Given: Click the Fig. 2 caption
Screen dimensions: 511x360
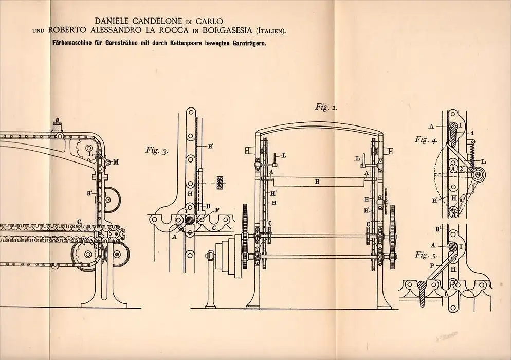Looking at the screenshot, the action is click(326, 107).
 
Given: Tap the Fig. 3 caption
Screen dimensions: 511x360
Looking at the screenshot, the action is click(156, 151).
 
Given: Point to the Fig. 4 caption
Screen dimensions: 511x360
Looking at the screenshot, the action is click(426, 140).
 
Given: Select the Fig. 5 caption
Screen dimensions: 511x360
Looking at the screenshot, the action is click(426, 255).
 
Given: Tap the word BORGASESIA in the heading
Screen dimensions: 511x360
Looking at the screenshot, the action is click(227, 30).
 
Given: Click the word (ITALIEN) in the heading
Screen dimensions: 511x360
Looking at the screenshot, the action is click(271, 31).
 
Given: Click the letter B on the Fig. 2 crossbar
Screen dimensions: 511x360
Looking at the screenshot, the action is click(317, 182).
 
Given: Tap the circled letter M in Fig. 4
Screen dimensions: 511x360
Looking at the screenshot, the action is click(478, 175).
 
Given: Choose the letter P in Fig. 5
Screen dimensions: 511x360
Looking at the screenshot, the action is click(432, 266).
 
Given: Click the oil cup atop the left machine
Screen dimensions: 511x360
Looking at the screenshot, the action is click(58, 125).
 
